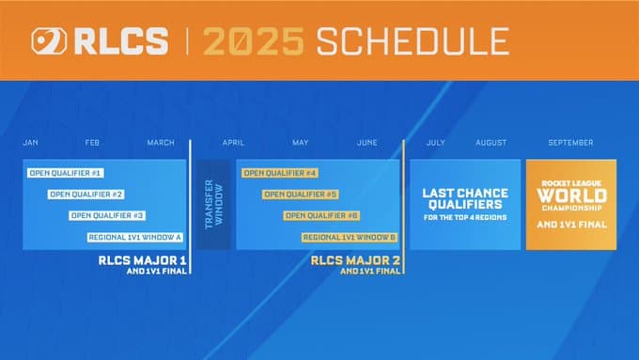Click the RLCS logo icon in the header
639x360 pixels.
48,41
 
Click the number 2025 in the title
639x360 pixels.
253,41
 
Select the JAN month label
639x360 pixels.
30,143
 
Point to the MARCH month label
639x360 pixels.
161,143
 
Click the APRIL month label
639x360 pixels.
233,143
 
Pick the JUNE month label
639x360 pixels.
367,143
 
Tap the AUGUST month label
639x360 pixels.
491,143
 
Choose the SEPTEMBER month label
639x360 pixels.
570,143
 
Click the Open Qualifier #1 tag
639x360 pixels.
66,173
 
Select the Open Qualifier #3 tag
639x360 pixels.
107,215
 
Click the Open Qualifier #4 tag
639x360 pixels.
279,173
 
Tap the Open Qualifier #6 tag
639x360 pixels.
321,215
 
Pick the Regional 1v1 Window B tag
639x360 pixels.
350,237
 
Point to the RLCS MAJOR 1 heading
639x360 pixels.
143,260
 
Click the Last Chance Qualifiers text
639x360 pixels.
464,197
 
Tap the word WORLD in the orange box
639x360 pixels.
571,196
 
